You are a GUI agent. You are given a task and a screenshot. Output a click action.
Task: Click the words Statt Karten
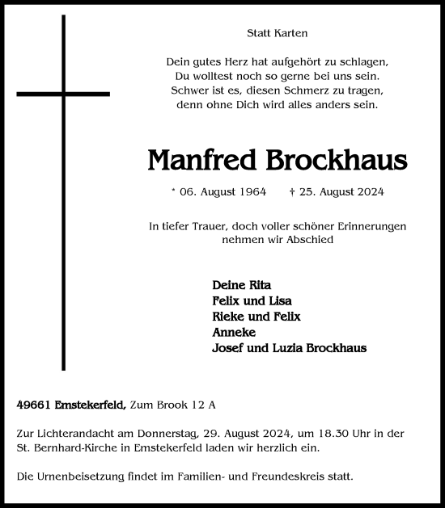coord(278,33)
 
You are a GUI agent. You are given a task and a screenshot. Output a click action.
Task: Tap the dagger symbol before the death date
coord(291,192)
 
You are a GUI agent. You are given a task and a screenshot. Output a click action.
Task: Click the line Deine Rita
coord(241,285)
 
